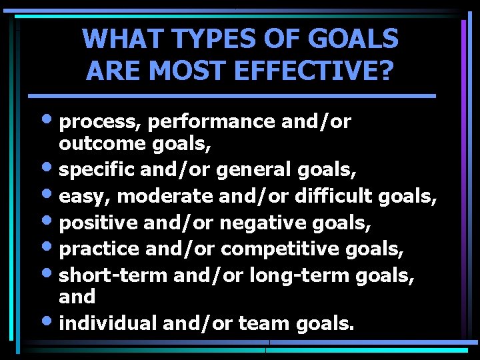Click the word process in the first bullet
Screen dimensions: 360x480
[x=100, y=122]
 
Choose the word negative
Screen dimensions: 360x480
[x=267, y=222]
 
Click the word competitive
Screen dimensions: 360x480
[x=281, y=248]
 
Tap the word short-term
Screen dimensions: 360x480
[x=113, y=275]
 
